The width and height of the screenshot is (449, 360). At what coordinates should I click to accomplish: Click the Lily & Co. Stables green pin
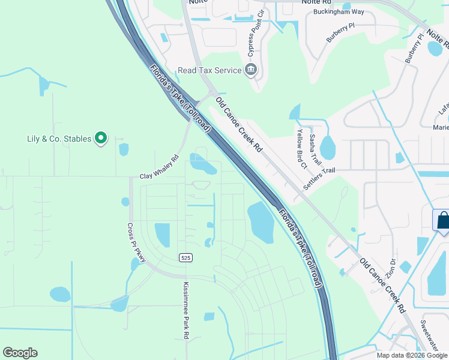coord(101,139)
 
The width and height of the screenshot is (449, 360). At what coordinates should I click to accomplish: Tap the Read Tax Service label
coord(210,70)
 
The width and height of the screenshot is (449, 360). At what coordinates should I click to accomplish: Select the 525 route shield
coord(185,257)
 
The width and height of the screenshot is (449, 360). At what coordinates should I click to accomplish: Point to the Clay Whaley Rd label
coord(160,168)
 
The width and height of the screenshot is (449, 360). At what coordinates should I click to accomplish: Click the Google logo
coord(20,353)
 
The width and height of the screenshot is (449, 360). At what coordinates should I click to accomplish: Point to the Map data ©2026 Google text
coord(412,355)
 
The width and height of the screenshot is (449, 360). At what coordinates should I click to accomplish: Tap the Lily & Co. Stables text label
coord(59,139)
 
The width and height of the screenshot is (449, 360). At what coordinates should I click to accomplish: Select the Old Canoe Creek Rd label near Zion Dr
coord(382,285)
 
